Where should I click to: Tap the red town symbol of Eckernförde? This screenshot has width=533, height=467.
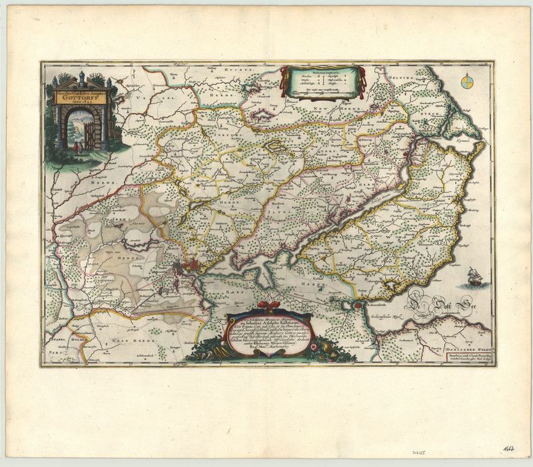click(x=360, y=305)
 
